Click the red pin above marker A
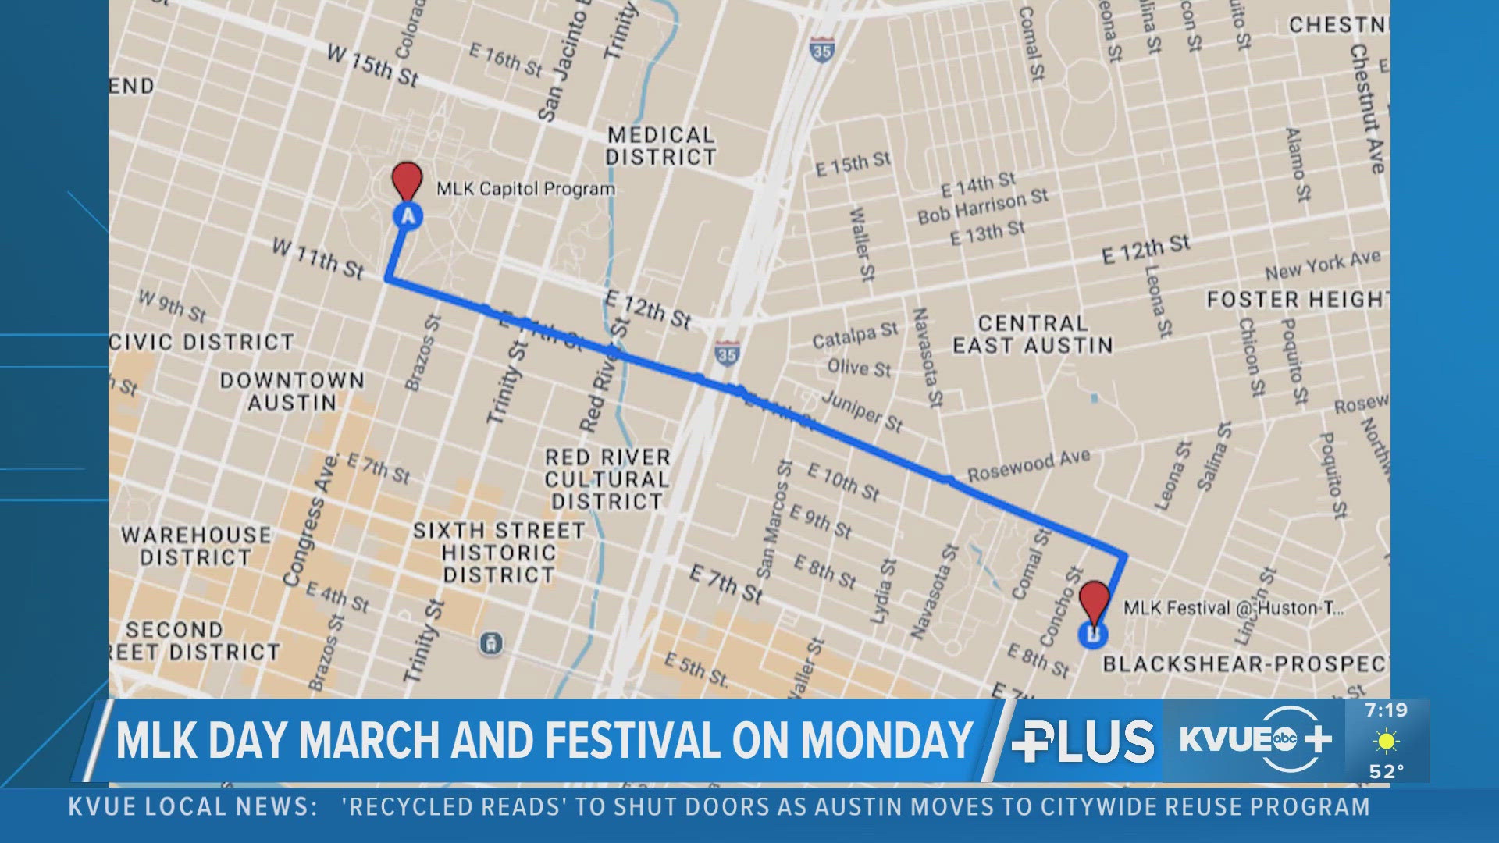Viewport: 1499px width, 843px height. click(x=407, y=180)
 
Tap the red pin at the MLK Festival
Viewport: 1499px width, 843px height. click(x=1094, y=599)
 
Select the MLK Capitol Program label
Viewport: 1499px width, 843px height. click(x=525, y=189)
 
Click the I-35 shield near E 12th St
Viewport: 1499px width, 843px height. click(x=727, y=353)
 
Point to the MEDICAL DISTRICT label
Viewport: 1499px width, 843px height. click(x=660, y=146)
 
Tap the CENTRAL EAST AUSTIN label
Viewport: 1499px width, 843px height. click(x=1032, y=334)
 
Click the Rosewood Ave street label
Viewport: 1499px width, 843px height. click(x=1028, y=466)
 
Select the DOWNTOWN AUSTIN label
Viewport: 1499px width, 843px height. click(x=292, y=391)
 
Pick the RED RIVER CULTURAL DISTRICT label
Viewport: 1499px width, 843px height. click(x=607, y=478)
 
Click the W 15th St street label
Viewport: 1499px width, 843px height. click(x=372, y=65)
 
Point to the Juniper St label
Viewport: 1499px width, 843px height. click(x=862, y=411)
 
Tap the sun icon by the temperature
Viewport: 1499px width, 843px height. click(x=1387, y=741)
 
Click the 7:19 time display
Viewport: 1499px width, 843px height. click(x=1386, y=710)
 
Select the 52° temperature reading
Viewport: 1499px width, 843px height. click(x=1387, y=771)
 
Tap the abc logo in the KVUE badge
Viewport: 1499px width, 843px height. click(x=1284, y=738)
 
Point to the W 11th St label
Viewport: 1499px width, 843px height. click(x=318, y=258)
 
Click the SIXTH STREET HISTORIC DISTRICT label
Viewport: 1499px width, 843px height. click(x=499, y=553)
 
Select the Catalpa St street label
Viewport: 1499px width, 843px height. click(x=855, y=336)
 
